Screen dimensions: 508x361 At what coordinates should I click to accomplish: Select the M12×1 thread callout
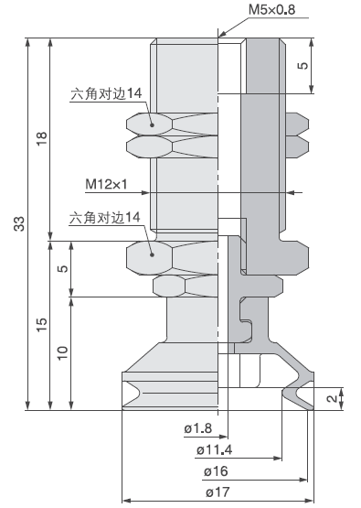(106, 184)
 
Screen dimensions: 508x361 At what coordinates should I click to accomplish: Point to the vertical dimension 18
(40, 139)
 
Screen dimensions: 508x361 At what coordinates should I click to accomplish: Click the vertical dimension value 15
(40, 325)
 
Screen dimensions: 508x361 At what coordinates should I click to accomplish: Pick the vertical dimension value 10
(62, 352)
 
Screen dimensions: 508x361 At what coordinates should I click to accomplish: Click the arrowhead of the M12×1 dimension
(291, 192)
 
